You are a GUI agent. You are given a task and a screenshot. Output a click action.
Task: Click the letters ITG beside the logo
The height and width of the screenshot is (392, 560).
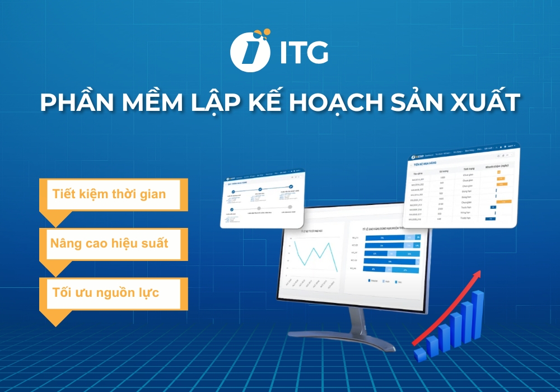click(x=302, y=54)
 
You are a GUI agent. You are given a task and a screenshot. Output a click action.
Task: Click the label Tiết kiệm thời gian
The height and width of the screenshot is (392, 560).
click(x=109, y=195)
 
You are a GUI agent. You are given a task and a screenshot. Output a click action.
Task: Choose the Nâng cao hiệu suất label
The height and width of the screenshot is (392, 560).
click(x=109, y=244)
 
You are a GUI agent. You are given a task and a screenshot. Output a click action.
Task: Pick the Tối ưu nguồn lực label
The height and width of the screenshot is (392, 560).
click(x=105, y=293)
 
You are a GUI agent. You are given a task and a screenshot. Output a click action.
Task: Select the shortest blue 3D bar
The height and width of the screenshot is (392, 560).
click(x=419, y=353)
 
